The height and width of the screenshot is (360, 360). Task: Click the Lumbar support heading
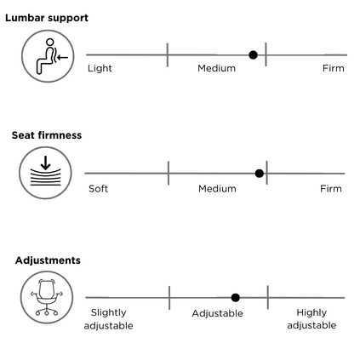[47, 18]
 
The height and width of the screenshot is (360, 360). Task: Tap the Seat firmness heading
[47, 135]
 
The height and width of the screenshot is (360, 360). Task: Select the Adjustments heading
[48, 260]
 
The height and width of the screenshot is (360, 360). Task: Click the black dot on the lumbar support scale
[253, 54]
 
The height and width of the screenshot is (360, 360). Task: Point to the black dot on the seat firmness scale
[260, 174]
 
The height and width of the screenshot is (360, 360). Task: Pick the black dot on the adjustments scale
[236, 298]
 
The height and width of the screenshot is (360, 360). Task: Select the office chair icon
[47, 297]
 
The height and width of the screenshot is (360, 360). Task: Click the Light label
[100, 68]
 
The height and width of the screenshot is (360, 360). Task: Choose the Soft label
[98, 189]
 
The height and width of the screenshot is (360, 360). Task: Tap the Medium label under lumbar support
[217, 68]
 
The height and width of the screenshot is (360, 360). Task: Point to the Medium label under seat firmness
[217, 189]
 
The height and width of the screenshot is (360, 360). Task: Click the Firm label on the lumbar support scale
[334, 68]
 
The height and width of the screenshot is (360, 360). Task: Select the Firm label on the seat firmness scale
[331, 189]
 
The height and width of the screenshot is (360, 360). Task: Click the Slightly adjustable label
[108, 319]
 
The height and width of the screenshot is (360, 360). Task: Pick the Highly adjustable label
[311, 319]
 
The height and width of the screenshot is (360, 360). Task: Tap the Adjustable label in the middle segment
[217, 313]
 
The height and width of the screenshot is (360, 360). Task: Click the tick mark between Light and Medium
[168, 55]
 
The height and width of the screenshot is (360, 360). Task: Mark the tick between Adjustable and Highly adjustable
[268, 297]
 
